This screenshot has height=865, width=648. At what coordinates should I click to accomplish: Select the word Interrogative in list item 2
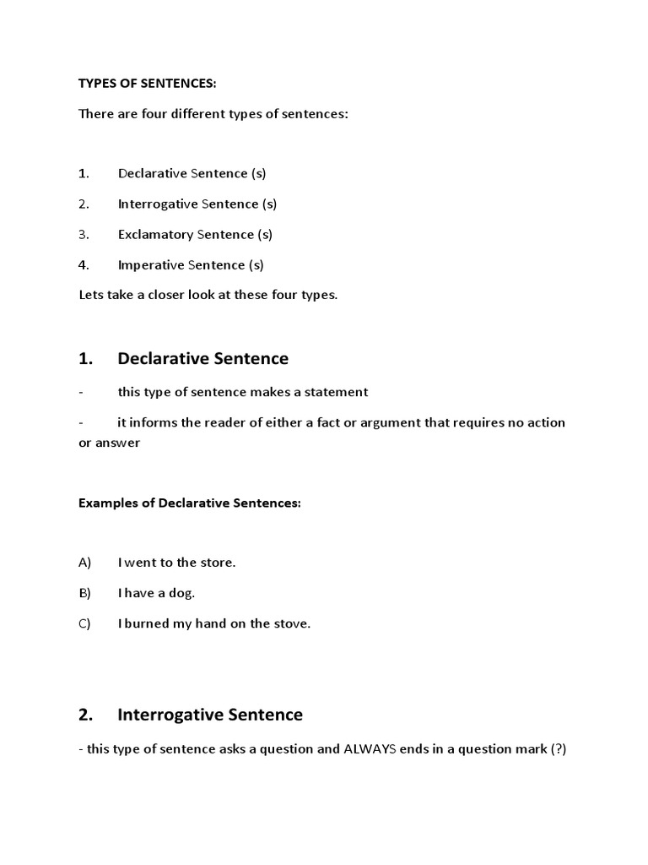[158, 204]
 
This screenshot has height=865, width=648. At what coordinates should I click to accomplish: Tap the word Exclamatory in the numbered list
[156, 234]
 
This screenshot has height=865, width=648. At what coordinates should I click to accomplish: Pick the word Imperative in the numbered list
[151, 264]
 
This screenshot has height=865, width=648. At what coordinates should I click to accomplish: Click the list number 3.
[83, 234]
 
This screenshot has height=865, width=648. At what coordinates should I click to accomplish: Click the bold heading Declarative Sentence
[202, 358]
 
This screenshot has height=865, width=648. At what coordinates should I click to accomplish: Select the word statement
[337, 392]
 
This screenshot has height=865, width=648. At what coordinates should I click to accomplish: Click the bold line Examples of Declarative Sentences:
[190, 503]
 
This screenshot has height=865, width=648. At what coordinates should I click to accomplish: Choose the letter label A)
[84, 563]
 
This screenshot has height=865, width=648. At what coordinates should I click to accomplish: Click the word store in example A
[216, 563]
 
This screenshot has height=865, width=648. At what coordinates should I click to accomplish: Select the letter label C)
[84, 623]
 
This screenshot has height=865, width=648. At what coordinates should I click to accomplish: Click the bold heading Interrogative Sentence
[209, 715]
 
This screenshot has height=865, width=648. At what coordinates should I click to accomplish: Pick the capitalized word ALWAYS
[370, 748]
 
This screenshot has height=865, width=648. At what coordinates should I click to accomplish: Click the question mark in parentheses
[557, 748]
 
